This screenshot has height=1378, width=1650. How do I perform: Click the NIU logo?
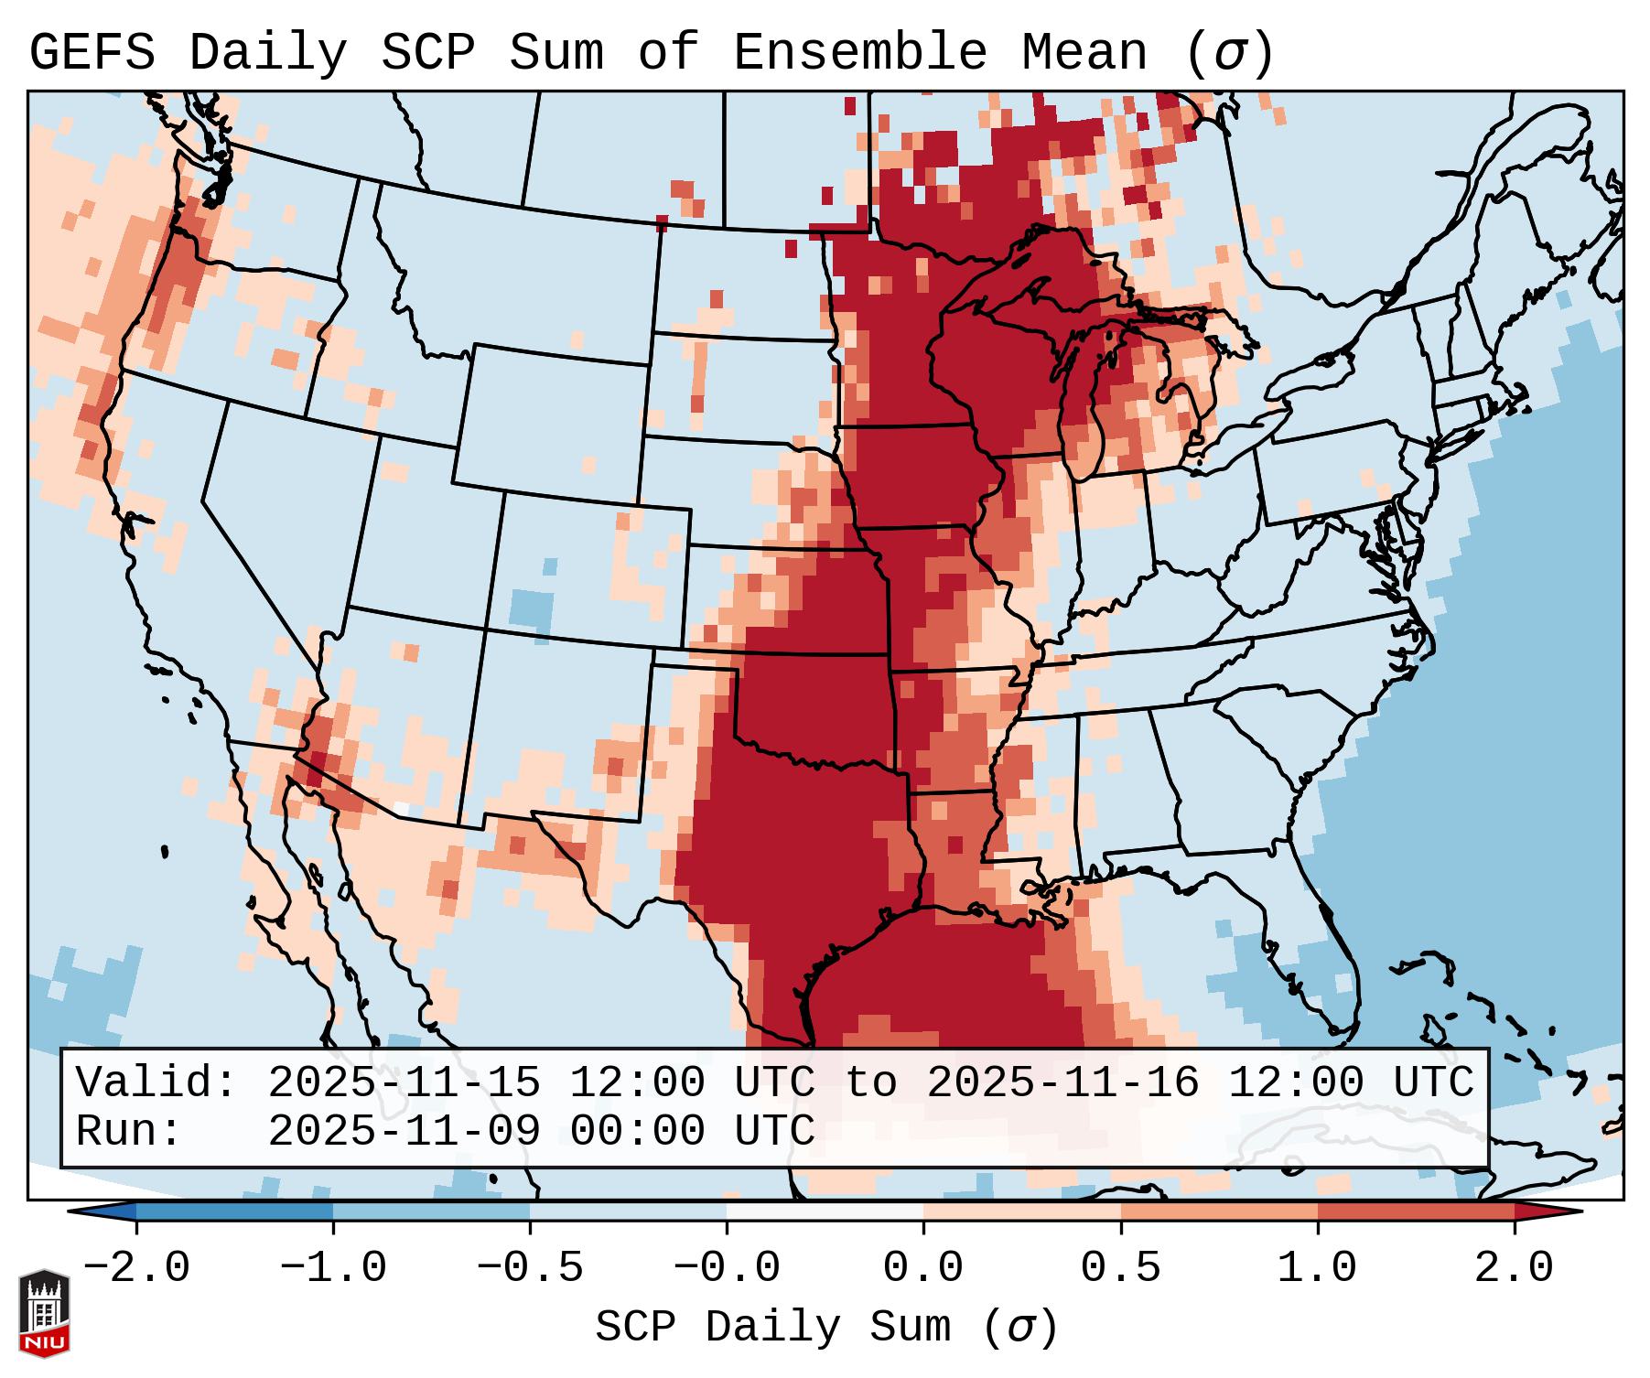click(44, 1313)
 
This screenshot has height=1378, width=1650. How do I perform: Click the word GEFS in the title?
click(92, 53)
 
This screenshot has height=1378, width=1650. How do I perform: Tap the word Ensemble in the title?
click(859, 53)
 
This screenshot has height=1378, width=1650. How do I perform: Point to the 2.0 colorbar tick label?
click(1514, 1268)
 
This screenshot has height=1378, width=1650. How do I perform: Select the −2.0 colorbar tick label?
click(136, 1268)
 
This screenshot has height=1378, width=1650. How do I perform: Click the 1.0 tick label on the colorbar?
click(1317, 1268)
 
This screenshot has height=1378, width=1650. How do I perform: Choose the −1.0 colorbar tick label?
click(333, 1268)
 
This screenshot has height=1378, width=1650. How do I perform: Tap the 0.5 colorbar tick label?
click(1120, 1268)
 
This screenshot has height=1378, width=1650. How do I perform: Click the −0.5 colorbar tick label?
click(530, 1268)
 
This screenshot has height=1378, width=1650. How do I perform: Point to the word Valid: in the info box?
click(156, 1082)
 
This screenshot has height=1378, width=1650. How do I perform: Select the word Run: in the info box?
click(129, 1131)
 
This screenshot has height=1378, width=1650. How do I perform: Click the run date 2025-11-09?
click(404, 1131)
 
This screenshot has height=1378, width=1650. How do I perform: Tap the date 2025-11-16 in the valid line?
click(1062, 1082)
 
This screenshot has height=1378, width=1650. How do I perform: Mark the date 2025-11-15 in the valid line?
click(404, 1082)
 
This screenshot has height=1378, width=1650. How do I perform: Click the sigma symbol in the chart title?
click(1229, 53)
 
